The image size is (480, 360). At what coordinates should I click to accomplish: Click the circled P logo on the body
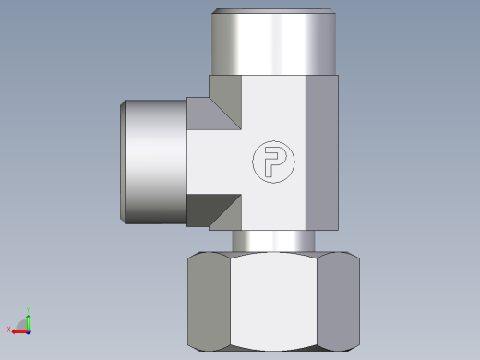pyautogui.click(x=273, y=162)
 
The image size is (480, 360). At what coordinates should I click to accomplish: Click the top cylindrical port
pyautogui.click(x=273, y=42)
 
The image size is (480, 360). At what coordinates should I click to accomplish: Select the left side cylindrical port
pyautogui.click(x=153, y=162)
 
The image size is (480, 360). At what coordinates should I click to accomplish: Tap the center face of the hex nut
pyautogui.click(x=273, y=302)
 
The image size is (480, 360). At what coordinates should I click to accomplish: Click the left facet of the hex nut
pyautogui.click(x=209, y=302)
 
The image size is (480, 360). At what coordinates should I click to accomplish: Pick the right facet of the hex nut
pyautogui.click(x=338, y=302)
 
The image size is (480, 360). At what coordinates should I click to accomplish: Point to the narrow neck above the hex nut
pyautogui.click(x=273, y=241)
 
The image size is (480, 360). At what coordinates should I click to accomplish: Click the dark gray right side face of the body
pyautogui.click(x=322, y=152)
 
